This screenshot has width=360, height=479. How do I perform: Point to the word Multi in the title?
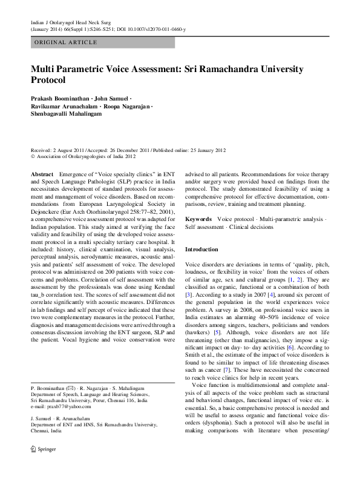43,68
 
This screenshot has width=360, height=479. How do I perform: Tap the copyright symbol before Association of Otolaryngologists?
33,156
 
